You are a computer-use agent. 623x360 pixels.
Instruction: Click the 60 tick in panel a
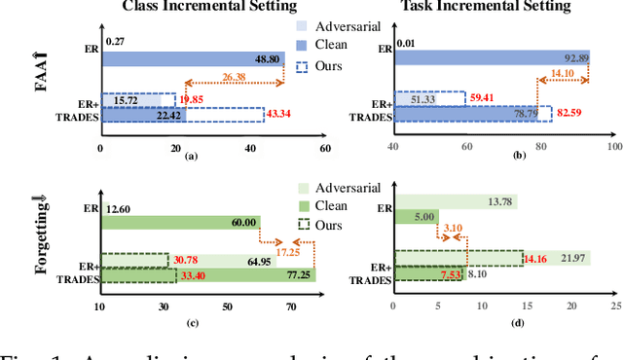[325, 147]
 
